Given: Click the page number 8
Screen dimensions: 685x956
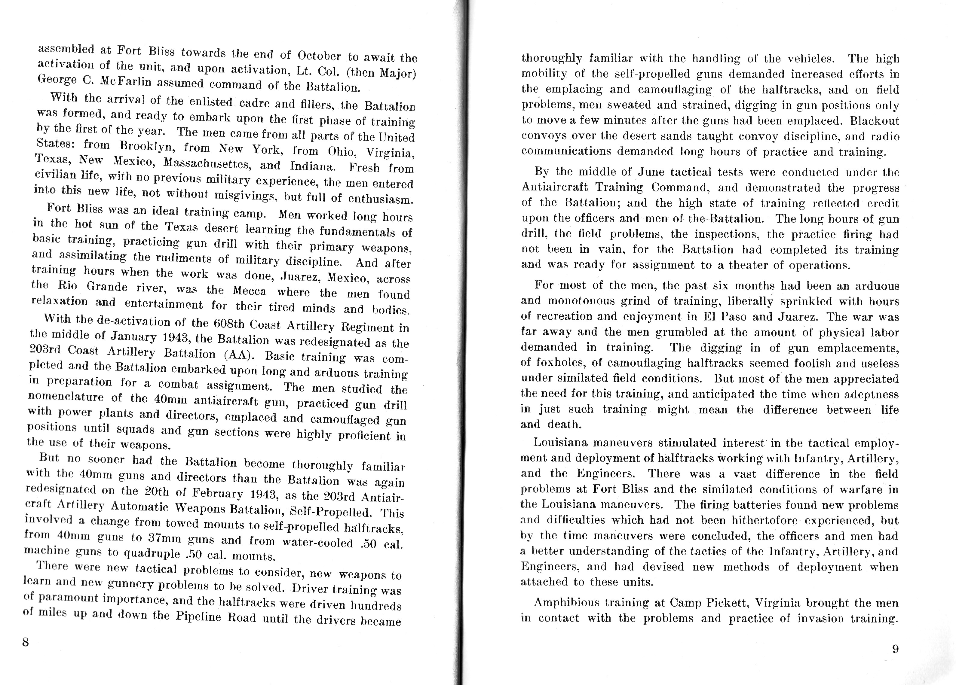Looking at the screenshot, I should [x=25, y=642].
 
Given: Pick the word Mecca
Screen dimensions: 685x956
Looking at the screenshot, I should [x=250, y=291].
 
